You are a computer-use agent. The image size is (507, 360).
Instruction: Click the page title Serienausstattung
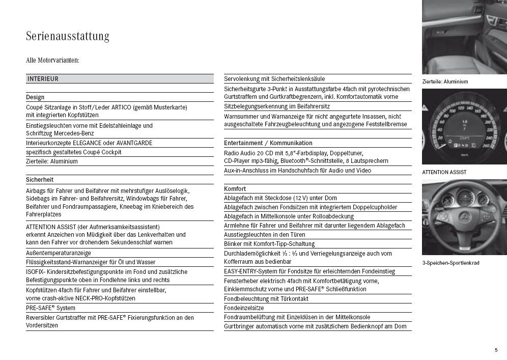click(x=68, y=37)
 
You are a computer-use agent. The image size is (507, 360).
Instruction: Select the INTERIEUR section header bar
click(x=120, y=79)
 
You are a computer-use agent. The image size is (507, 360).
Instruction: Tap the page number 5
click(x=496, y=350)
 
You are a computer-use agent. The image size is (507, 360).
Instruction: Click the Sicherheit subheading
click(x=40, y=180)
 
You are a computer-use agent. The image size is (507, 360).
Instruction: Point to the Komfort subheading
click(x=235, y=189)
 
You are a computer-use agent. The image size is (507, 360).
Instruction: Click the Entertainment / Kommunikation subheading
click(x=268, y=143)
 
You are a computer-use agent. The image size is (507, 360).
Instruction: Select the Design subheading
click(x=35, y=97)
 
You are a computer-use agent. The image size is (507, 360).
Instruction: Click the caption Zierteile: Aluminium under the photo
click(x=445, y=81)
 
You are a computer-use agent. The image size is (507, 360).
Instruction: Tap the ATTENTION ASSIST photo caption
click(x=444, y=172)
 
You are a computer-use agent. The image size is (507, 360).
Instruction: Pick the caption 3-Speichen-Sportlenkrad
click(x=450, y=263)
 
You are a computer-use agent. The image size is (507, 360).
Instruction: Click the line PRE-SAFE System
click(x=50, y=308)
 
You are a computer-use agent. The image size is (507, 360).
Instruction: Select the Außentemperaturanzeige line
click(x=59, y=253)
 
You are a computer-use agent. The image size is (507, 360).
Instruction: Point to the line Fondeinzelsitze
click(x=244, y=308)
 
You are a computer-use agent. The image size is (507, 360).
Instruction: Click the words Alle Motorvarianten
click(x=52, y=61)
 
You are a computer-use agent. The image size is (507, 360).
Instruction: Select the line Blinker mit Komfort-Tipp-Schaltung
click(x=269, y=244)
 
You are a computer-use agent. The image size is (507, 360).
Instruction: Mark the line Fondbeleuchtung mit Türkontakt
click(x=266, y=299)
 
